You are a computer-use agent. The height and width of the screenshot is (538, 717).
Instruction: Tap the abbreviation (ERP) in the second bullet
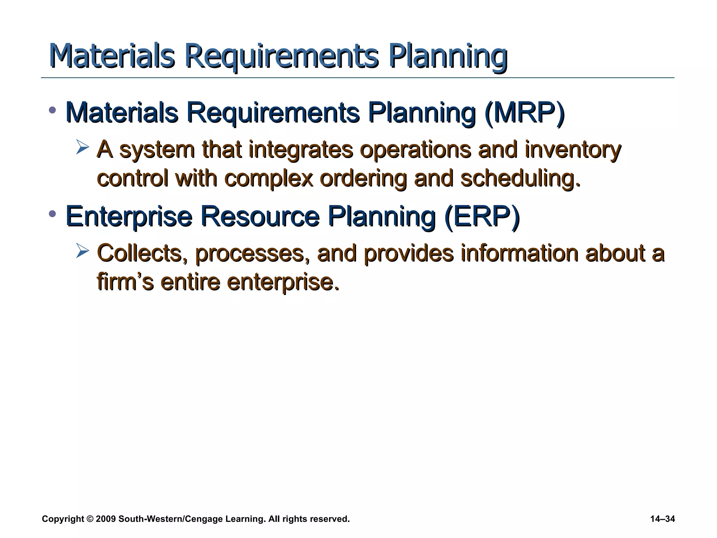pyautogui.click(x=482, y=216)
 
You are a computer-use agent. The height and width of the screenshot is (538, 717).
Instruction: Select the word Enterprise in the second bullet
pyautogui.click(x=129, y=216)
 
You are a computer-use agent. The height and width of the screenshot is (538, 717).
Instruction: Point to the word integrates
pyautogui.click(x=300, y=150)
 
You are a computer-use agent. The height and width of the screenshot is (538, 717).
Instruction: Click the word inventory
pyautogui.click(x=573, y=150)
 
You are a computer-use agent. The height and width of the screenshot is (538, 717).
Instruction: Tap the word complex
pyautogui.click(x=268, y=179)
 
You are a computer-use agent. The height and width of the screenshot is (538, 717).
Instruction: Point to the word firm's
pyautogui.click(x=125, y=282)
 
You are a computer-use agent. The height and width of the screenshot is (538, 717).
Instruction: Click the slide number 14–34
pyautogui.click(x=662, y=519)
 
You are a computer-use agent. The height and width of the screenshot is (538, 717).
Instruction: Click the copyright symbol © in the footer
pyautogui.click(x=90, y=519)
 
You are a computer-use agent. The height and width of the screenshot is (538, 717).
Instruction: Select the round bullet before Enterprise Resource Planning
pyautogui.click(x=53, y=214)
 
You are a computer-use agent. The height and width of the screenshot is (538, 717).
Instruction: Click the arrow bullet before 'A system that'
pyautogui.click(x=83, y=147)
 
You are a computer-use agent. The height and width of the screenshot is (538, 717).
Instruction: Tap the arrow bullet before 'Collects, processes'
pyautogui.click(x=83, y=251)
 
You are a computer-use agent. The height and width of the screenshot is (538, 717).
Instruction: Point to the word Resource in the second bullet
pyautogui.click(x=260, y=216)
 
